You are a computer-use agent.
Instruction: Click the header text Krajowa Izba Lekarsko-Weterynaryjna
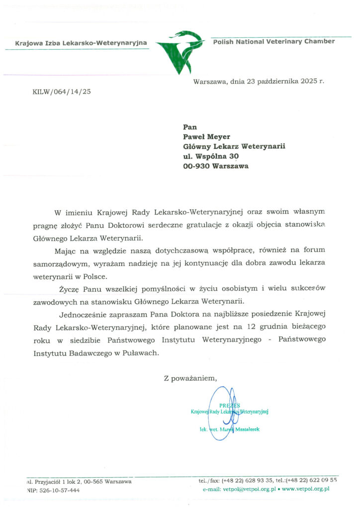click(x=81, y=43)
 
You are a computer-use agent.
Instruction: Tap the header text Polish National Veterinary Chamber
click(x=273, y=41)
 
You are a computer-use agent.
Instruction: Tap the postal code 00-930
click(x=196, y=166)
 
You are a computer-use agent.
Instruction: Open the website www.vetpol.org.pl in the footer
click(x=306, y=490)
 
